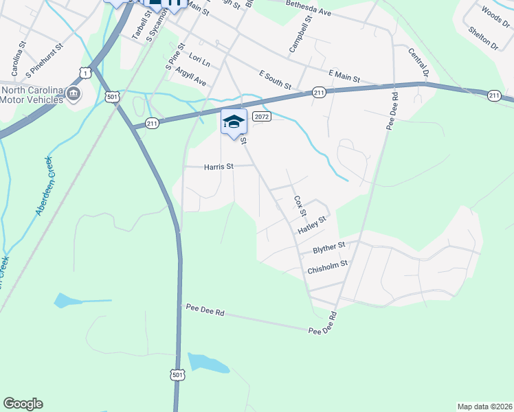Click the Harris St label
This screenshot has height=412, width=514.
(219, 167)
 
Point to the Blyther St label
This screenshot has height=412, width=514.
(328, 247)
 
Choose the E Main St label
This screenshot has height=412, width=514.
(344, 76)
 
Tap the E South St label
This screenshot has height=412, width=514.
(276, 80)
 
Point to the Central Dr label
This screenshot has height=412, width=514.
(417, 62)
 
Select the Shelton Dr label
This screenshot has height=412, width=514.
(482, 38)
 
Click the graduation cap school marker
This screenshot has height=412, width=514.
(234, 122)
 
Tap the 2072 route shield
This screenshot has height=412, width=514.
(261, 117)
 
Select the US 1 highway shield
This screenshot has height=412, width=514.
(85, 71)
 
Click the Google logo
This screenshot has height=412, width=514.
(23, 404)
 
